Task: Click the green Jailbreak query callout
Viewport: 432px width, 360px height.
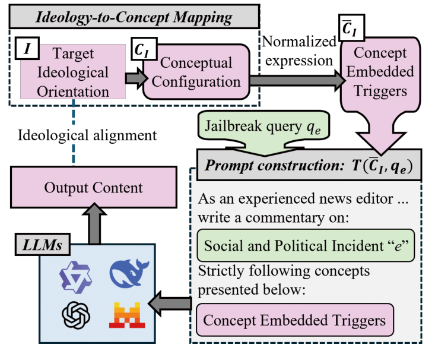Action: [259, 126]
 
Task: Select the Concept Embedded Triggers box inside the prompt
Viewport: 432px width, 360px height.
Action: [295, 320]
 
